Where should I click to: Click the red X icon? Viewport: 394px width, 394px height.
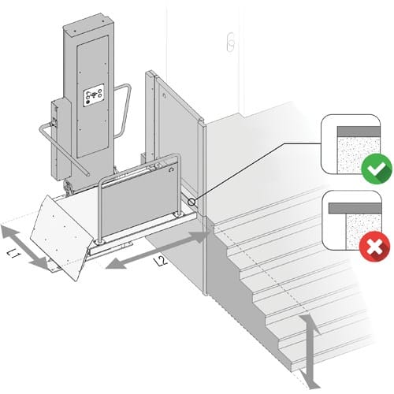[375, 247]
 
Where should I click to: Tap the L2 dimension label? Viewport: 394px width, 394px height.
[162, 262]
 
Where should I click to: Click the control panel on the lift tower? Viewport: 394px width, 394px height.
[94, 95]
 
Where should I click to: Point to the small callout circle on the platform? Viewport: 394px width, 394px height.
[191, 202]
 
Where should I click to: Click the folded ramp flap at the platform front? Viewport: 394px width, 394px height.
[61, 238]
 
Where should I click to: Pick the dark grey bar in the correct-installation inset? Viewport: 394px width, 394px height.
[359, 132]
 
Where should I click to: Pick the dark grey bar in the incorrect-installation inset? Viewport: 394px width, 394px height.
[355, 208]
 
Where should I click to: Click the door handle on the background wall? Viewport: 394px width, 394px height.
[230, 42]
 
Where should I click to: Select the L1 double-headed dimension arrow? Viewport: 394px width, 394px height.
[25, 247]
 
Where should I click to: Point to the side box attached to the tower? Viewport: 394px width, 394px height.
[61, 139]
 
